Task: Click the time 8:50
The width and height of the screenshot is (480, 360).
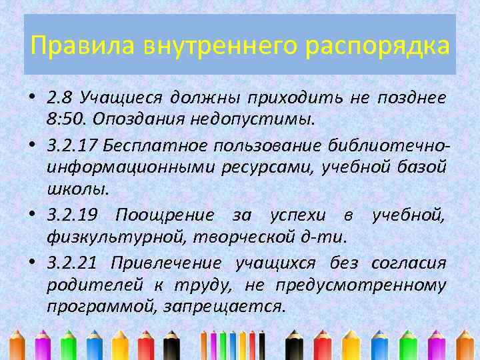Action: [x=65, y=121]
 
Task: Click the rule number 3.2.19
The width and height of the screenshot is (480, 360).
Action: [x=73, y=215]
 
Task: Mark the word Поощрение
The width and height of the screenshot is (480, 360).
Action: [x=165, y=215]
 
